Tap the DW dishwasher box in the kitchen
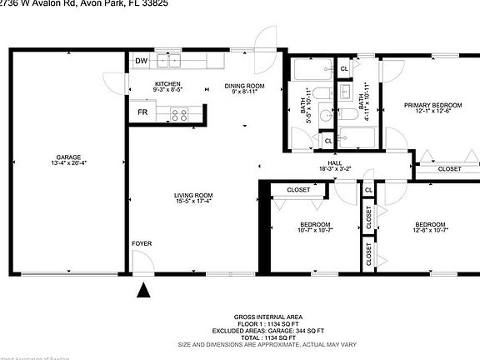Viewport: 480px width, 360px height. [x=141, y=61]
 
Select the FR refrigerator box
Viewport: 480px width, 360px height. [x=142, y=112]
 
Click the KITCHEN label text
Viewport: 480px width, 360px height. [x=167, y=84]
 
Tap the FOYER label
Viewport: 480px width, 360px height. [x=142, y=243]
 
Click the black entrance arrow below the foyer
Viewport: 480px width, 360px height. [x=144, y=290]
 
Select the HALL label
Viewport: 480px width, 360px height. [x=335, y=162]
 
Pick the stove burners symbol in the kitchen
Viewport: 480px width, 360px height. [x=178, y=113]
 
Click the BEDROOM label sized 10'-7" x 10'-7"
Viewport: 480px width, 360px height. [x=314, y=224]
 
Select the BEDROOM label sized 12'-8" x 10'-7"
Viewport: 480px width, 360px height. [x=430, y=224]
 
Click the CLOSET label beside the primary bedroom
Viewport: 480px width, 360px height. [x=449, y=168]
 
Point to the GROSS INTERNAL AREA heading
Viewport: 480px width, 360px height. [x=268, y=317]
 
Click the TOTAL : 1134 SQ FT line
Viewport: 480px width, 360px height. [x=268, y=336]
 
